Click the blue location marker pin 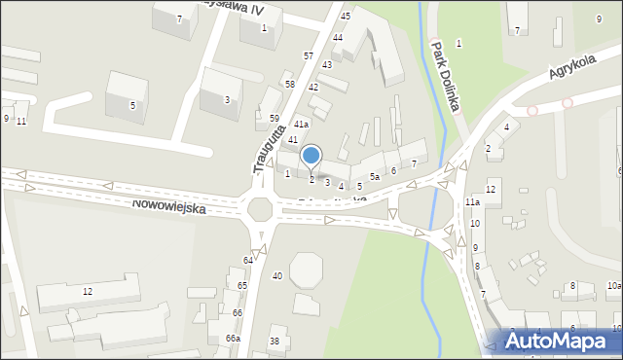pyautogui.click(x=311, y=156)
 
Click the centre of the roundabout pyautogui.click(x=261, y=207)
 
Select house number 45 pyautogui.click(x=345, y=17)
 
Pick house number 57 pyautogui.click(x=308, y=56)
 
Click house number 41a pyautogui.click(x=302, y=125)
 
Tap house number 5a pyautogui.click(x=374, y=176)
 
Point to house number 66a pyautogui.click(x=233, y=338)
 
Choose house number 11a pyautogui.click(x=471, y=201)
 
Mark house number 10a pyautogui.click(x=613, y=285)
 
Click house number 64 pyautogui.click(x=248, y=260)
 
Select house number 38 pyautogui.click(x=275, y=341)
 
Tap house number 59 pyautogui.click(x=275, y=118)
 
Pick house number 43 pyautogui.click(x=327, y=64)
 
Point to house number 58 pyautogui.click(x=289, y=85)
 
